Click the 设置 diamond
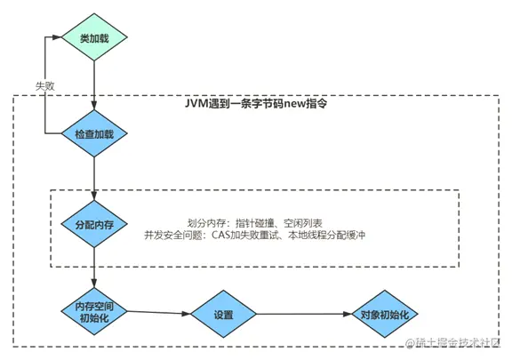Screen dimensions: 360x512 coord(223,315)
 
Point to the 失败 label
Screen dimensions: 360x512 coord(44,85)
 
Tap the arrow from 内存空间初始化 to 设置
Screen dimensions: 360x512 coord(160,313)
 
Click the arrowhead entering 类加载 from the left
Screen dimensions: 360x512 coord(59,38)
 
